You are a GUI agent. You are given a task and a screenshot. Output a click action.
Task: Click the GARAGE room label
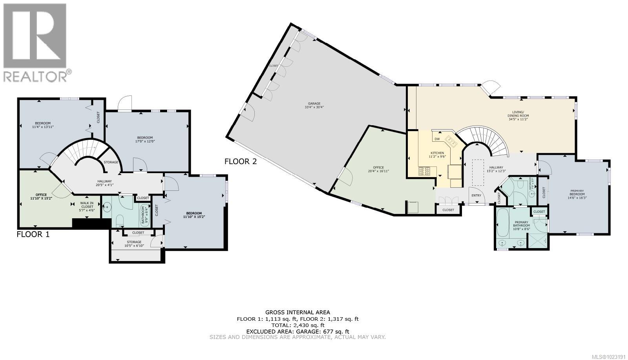pyautogui.click(x=314, y=103)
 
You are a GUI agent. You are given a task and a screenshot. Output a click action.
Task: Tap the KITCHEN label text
pyautogui.click(x=437, y=153)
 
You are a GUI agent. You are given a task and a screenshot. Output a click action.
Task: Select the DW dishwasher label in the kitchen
pyautogui.click(x=437, y=139)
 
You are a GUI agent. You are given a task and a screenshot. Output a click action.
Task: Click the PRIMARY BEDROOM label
pyautogui.click(x=577, y=192)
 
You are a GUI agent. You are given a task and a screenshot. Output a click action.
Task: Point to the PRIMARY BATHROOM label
pyautogui.click(x=522, y=223)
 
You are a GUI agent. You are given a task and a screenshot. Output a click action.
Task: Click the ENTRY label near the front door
pyautogui.click(x=476, y=196)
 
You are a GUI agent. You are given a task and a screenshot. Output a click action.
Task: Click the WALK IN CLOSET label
pyautogui.click(x=87, y=204)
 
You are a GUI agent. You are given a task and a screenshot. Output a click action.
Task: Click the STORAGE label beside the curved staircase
pyautogui.click(x=111, y=162)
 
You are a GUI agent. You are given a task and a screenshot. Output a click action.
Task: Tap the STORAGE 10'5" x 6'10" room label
pyautogui.click(x=134, y=244)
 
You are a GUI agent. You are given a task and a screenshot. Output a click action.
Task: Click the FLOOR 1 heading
pyautogui.click(x=33, y=234)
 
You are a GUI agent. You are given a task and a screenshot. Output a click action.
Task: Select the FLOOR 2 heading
pyautogui.click(x=240, y=161)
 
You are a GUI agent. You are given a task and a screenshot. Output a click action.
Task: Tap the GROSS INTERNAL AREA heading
pyautogui.click(x=298, y=312)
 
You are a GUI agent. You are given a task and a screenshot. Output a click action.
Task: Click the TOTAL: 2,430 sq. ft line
pyautogui.click(x=298, y=325)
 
